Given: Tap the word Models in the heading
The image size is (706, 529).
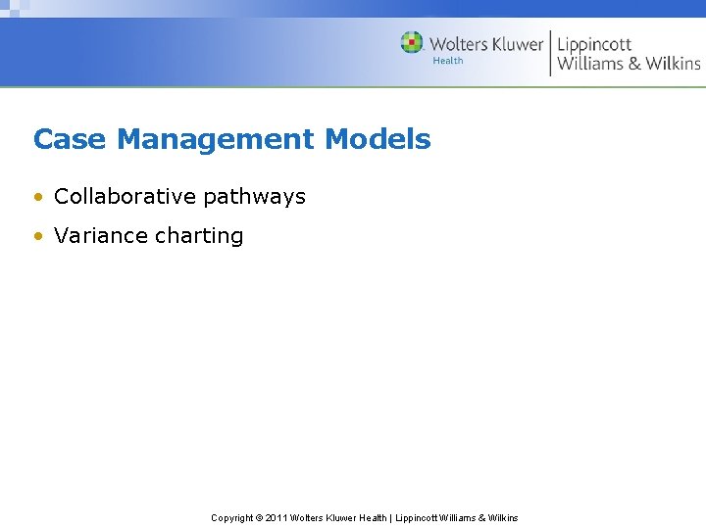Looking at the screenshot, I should [x=378, y=139].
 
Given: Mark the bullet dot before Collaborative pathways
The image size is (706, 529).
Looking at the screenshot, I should [x=37, y=197].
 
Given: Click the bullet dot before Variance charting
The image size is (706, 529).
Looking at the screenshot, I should [x=37, y=236].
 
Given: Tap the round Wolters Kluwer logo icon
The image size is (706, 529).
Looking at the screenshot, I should [x=412, y=43].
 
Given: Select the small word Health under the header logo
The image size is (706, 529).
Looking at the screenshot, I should [x=448, y=61].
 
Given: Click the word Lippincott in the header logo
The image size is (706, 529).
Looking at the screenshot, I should [x=594, y=44].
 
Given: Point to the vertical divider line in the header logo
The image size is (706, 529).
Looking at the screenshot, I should [x=550, y=52].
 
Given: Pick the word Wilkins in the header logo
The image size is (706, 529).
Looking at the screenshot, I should [x=673, y=64].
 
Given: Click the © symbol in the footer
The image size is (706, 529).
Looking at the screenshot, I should [x=260, y=517].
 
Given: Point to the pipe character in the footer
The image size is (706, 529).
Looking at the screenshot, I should [x=390, y=517].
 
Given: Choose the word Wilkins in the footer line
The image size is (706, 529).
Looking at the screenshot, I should [x=502, y=517].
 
